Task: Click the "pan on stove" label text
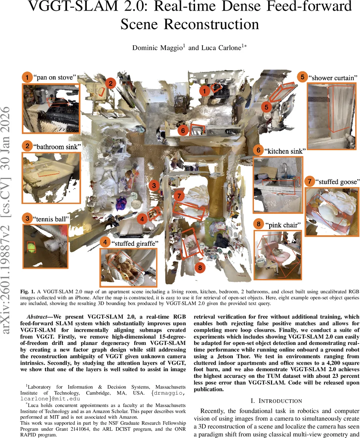(55, 77)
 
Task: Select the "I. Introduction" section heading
(276, 400)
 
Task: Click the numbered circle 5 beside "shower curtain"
(302, 77)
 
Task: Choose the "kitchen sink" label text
(285, 151)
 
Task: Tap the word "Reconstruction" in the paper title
(189, 24)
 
